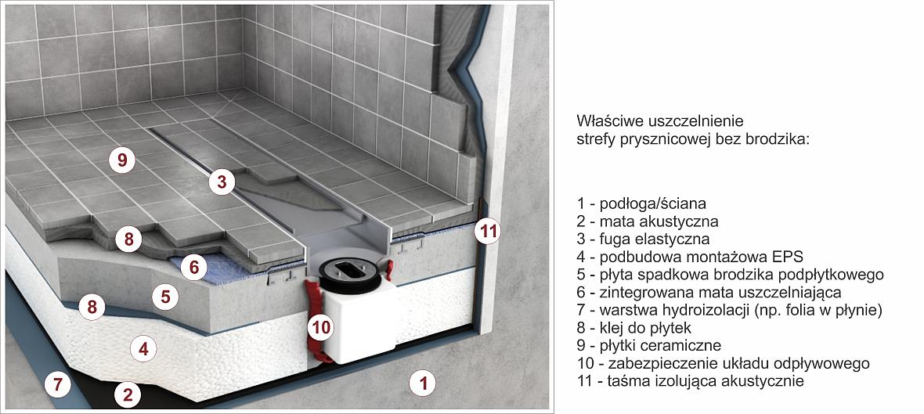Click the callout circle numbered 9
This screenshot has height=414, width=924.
coord(122,160)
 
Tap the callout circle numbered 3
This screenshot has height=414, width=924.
coord(221,182)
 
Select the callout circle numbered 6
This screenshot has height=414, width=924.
coord(194,268)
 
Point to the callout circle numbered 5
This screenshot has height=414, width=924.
coord(165,297)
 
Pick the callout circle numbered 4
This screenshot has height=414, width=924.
coord(143,349)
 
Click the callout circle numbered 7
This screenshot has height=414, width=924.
coord(58,385)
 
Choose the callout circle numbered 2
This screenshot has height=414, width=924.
coord(128,394)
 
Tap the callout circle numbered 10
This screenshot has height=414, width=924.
coord(321,327)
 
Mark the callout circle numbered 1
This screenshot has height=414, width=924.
coord(422,384)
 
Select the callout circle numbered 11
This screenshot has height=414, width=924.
coord(488,232)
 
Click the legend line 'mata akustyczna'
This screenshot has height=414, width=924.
coord(648,221)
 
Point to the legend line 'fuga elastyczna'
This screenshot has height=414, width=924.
coord(644,239)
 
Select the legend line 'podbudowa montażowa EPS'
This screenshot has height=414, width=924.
coord(690,257)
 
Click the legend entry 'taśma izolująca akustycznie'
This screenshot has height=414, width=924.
coord(691,380)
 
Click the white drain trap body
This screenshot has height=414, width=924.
coord(355,327)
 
